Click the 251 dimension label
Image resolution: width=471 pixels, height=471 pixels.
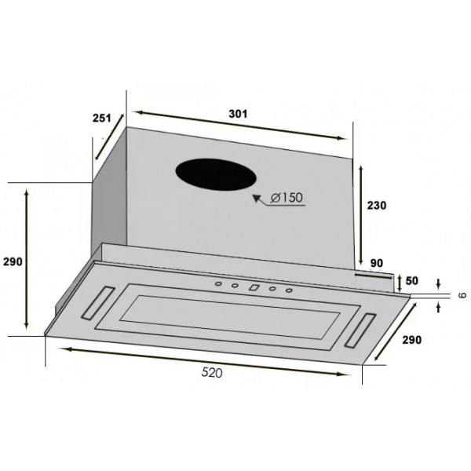coord(101,118)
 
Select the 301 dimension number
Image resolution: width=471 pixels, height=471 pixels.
coord(238,114)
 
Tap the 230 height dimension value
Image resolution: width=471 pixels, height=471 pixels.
coord(377,206)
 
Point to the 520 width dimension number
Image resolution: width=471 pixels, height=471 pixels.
coord(212,372)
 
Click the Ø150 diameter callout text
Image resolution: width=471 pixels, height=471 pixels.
coord(287,198)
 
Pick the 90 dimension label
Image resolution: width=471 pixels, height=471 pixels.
coord(377,263)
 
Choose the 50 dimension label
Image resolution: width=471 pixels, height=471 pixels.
coord(411,280)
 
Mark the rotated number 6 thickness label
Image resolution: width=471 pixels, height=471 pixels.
coord(462,295)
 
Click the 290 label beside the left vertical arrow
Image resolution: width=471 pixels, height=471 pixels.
coord(13,262)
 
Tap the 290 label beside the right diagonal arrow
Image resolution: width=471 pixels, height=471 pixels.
coord(412,340)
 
